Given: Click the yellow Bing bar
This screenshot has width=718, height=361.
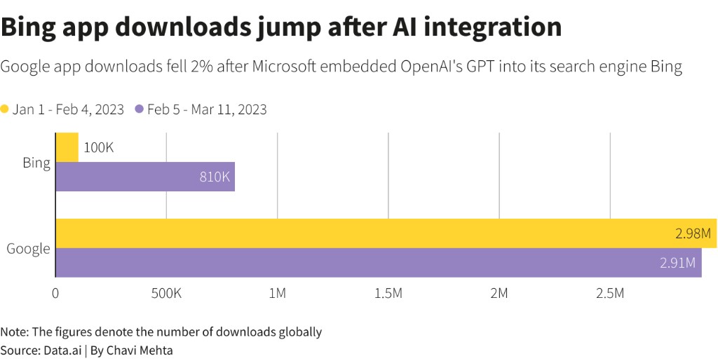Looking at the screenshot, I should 67,147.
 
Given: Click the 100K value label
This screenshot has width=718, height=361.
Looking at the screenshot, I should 99,148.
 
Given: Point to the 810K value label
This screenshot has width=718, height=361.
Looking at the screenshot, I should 215,177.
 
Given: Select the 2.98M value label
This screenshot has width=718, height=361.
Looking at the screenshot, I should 693,233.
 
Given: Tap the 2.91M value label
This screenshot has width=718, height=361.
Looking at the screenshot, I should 678,263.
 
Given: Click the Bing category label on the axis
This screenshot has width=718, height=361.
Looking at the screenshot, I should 36,163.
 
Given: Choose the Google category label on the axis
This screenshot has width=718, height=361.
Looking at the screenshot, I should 28,248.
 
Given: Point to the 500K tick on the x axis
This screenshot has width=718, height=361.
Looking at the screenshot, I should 166,293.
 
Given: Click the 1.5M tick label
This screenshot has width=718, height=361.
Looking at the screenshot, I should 388,293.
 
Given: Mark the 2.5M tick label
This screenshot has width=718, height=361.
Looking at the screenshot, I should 609,293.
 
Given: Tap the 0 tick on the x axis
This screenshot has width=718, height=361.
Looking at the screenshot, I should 55,293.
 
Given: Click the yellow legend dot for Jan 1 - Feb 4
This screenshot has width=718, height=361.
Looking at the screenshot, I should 5,109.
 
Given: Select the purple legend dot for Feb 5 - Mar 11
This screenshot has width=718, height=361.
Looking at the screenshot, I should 139,109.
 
